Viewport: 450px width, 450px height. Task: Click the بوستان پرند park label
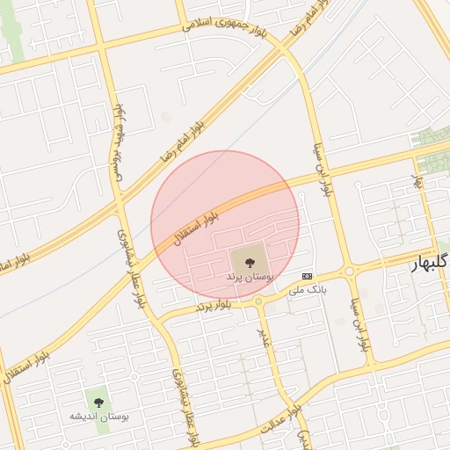pos(250,277)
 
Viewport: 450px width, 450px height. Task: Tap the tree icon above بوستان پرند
pos(250,260)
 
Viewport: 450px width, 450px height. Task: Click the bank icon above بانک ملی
pos(306,275)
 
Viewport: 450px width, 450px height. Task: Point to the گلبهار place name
pos(431,263)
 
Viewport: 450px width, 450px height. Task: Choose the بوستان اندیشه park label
pos(99,416)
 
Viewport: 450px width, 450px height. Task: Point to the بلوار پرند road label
pos(215,306)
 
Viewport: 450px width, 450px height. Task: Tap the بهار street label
pos(418,182)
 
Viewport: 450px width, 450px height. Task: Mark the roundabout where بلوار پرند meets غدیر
pos(258,301)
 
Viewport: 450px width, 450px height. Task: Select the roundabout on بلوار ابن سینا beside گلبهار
pos(349,272)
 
